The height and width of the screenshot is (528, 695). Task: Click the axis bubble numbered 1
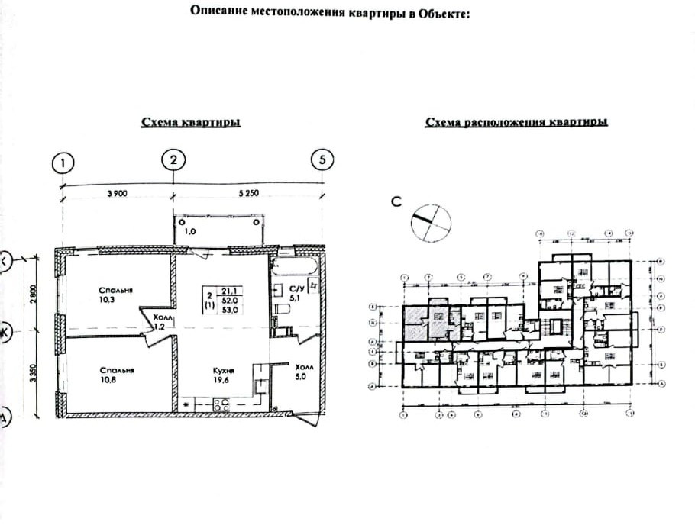point(63,163)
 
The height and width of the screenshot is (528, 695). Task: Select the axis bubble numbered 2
point(174,160)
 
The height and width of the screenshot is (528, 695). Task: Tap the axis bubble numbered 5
point(322,160)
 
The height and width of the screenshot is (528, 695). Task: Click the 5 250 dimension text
point(249,194)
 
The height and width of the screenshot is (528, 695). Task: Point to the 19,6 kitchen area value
point(223,378)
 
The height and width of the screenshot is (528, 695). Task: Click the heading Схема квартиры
point(190,123)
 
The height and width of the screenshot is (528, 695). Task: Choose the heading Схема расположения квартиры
point(516,122)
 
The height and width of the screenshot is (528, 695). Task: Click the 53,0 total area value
point(228,311)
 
